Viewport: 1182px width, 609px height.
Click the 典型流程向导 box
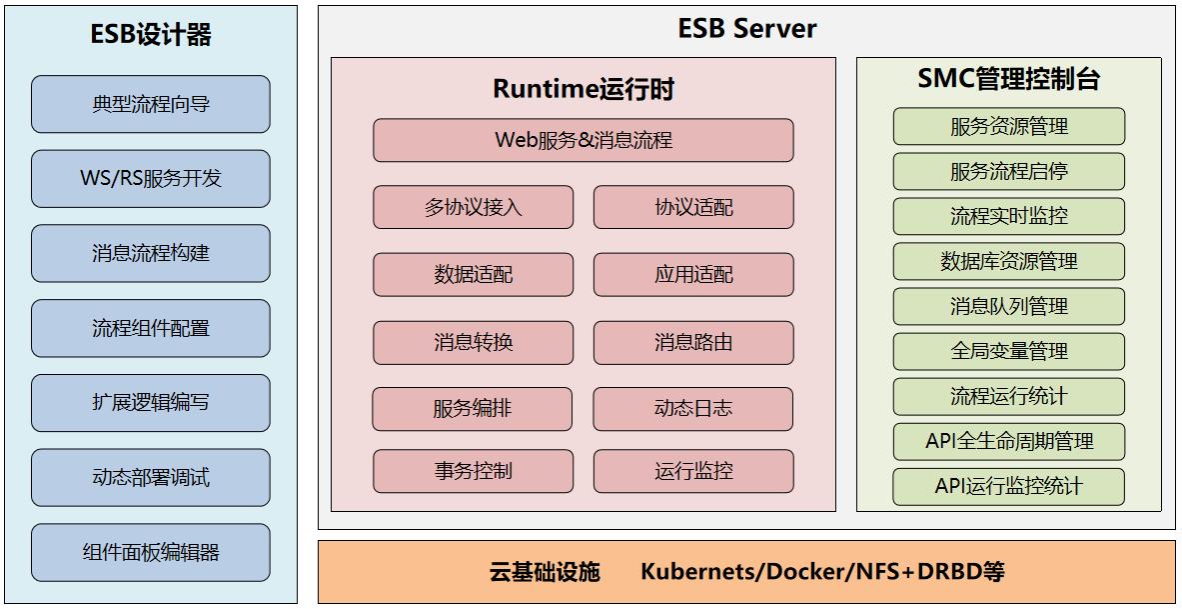tap(151, 104)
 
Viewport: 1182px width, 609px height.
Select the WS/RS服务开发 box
tap(151, 179)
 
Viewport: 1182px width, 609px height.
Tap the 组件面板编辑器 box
tap(151, 552)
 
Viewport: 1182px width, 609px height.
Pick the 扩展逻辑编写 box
tap(151, 403)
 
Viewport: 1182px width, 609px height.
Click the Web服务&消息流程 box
tap(584, 140)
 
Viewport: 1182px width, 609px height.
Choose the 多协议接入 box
tap(474, 207)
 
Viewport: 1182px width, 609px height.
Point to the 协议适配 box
tap(693, 207)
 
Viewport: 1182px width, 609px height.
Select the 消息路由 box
tap(693, 342)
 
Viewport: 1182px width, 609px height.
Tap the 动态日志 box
tap(693, 409)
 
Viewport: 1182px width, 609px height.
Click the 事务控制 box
tap(474, 471)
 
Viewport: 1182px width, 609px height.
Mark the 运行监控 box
tap(693, 471)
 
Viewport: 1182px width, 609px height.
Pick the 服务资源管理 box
tap(1009, 127)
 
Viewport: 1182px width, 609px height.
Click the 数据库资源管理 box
tap(1009, 262)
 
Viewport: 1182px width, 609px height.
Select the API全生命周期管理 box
tap(1009, 441)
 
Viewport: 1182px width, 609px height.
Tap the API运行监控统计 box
tap(1009, 487)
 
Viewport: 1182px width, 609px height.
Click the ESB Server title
tap(746, 29)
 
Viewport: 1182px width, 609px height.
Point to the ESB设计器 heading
tap(151, 36)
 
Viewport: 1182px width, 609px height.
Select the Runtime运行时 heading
tap(584, 89)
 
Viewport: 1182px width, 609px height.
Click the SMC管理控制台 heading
tap(1009, 80)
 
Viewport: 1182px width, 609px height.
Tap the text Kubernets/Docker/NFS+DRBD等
tap(822, 572)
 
